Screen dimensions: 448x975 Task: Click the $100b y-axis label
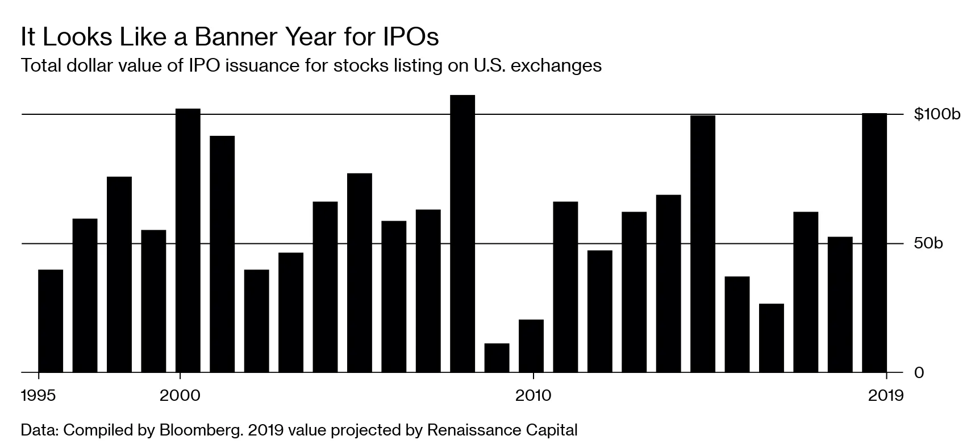(937, 114)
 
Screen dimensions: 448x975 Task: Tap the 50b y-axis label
(928, 243)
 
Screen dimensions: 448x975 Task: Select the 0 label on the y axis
(918, 373)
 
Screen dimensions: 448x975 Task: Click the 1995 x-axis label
(39, 396)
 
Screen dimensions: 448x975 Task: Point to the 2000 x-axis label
(180, 396)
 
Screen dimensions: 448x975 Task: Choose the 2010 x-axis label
(534, 396)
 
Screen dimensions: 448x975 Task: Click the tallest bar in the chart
(463, 233)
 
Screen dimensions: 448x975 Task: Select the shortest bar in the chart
(497, 358)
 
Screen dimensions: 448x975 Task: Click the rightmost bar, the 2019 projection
(874, 243)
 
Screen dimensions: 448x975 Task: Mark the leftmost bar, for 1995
(51, 321)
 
